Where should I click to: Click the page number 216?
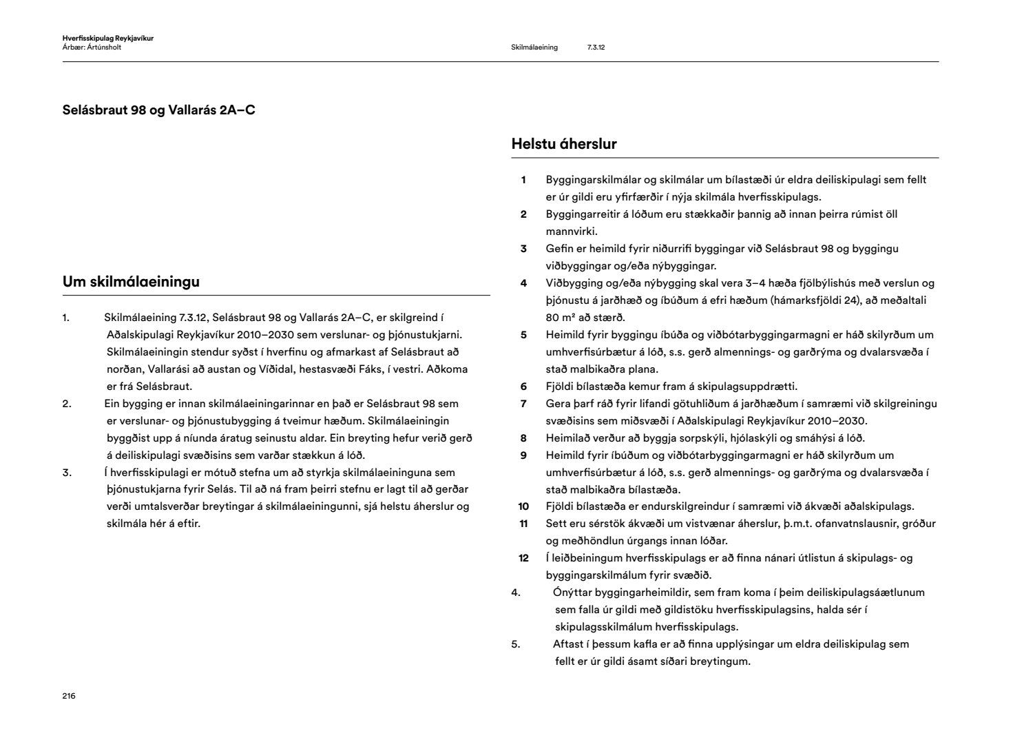click(68, 696)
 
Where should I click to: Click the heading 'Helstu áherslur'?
click(563, 144)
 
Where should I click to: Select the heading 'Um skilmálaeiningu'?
click(131, 281)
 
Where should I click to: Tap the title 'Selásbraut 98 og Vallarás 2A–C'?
click(158, 110)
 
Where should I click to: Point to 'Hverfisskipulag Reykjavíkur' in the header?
click(107, 39)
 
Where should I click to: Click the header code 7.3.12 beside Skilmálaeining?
click(596, 48)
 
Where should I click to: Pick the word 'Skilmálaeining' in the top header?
click(534, 48)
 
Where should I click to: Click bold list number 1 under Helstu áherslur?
click(523, 180)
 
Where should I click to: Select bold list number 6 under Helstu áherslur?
click(523, 387)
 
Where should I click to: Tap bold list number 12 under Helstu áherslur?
click(523, 558)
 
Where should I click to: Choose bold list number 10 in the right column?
click(523, 506)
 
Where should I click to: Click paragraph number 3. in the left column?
click(67, 473)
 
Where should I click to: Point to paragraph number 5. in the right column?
click(516, 644)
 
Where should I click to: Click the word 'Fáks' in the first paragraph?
click(371, 369)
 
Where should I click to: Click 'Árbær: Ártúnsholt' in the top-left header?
click(92, 48)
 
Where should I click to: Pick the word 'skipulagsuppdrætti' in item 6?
click(752, 387)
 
